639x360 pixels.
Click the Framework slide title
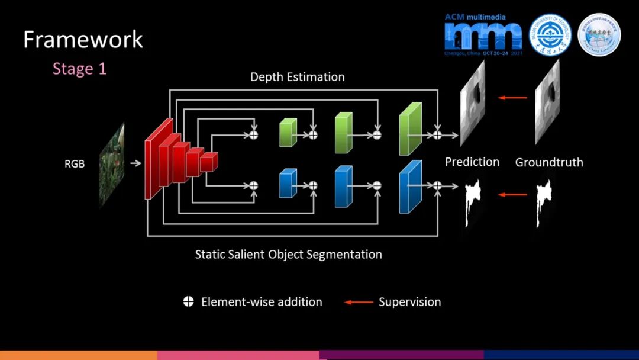(83, 40)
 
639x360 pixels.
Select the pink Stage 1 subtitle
(79, 69)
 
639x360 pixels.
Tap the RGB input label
(75, 163)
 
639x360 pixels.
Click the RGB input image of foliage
(112, 164)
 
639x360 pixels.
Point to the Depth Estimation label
(297, 77)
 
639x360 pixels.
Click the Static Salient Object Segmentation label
(289, 255)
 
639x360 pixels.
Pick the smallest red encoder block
(209, 162)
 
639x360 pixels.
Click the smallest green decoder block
(288, 133)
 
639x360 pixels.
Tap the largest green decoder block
(409, 129)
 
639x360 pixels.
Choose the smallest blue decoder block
(288, 183)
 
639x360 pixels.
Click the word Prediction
(472, 162)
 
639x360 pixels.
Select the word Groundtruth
(549, 162)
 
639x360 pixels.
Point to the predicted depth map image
(472, 103)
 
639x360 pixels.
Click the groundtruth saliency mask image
(545, 202)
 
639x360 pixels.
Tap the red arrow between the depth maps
(512, 98)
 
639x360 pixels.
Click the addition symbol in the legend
(188, 302)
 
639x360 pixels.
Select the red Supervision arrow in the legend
(359, 302)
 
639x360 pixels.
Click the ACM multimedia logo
(483, 34)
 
